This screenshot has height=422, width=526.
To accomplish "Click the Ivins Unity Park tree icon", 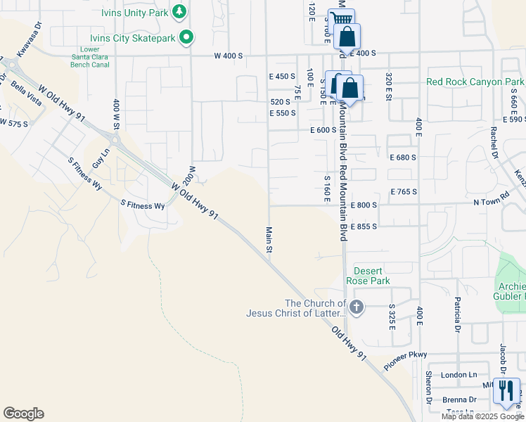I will (x=179, y=11).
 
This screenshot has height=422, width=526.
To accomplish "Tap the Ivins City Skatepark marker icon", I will (x=186, y=37).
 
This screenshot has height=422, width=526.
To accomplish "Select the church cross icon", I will (x=357, y=307).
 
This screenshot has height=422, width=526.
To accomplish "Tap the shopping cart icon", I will (x=340, y=20).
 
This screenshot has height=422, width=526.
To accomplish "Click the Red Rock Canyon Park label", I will (x=475, y=82).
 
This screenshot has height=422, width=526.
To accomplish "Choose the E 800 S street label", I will (x=364, y=205).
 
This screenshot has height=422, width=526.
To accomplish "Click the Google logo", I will (x=23, y=414).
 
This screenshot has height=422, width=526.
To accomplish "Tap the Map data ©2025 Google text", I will (x=482, y=416).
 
